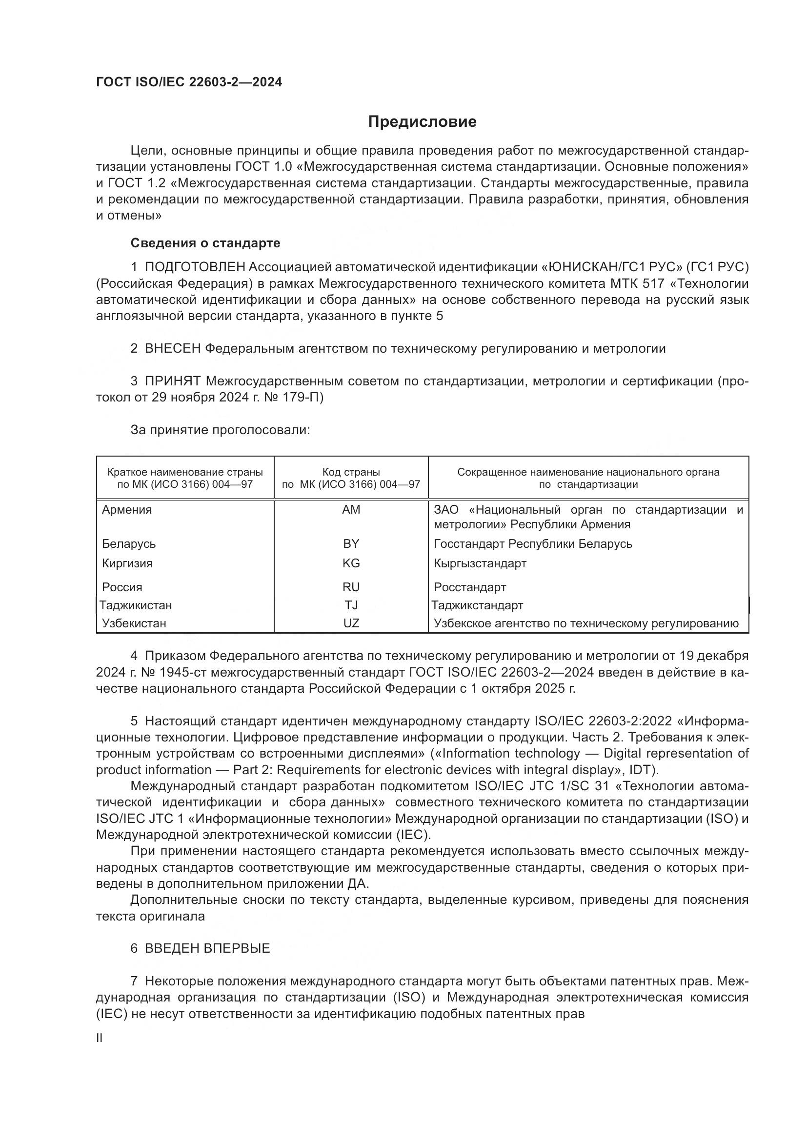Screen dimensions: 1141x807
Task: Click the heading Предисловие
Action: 422,122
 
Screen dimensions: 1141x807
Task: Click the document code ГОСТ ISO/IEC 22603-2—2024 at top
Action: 189,82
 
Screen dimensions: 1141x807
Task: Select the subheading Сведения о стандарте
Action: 205,243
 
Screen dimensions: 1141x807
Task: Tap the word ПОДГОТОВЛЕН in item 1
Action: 195,267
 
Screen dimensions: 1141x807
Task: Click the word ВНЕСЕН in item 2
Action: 172,349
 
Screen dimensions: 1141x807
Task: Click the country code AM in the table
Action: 351,510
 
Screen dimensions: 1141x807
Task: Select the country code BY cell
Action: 351,543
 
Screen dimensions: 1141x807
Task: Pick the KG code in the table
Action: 351,563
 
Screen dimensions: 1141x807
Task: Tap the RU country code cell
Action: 351,587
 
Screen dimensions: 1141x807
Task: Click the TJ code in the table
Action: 351,605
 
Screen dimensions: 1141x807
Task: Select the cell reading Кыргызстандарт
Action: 480,563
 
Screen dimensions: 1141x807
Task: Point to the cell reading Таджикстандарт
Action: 477,605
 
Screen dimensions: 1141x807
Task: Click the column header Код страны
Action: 351,472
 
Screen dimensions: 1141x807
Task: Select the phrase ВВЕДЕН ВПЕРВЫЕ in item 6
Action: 207,948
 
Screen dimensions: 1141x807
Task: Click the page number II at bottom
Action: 100,1038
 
